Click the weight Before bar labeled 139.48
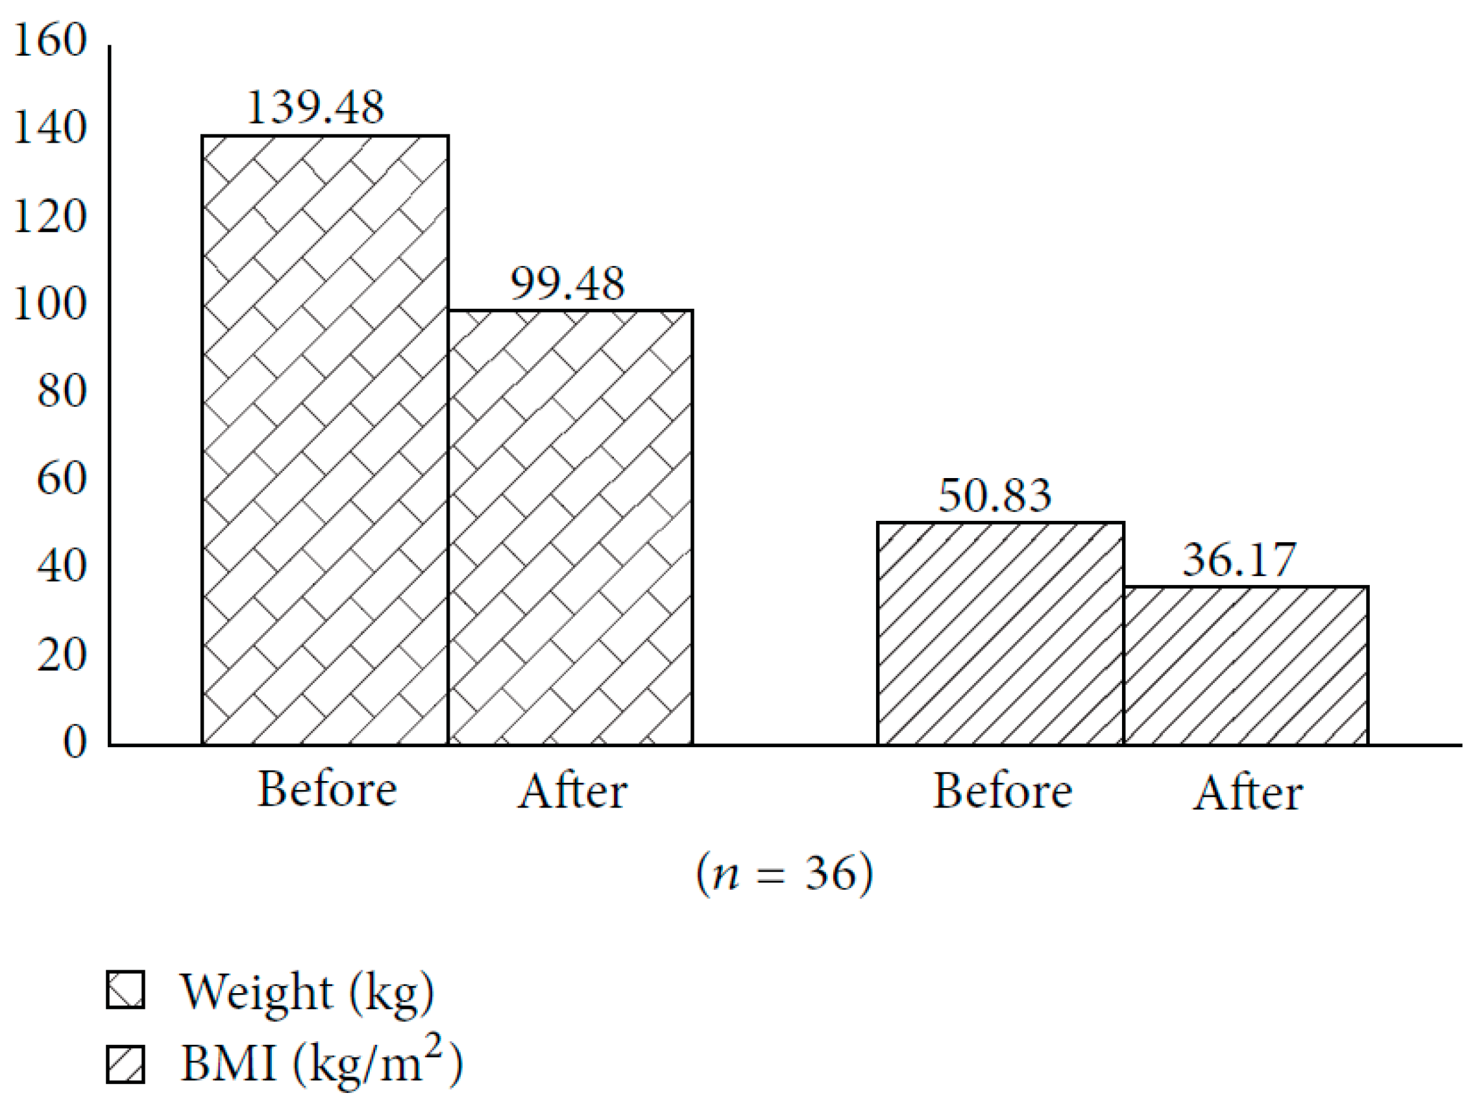324,440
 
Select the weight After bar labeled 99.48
570,527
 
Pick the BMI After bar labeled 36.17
1245,666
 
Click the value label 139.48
315,108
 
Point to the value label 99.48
568,283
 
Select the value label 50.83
995,496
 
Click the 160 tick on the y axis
50,40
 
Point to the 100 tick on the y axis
50,304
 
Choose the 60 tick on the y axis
62,479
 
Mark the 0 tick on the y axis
75,741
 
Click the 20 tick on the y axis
62,654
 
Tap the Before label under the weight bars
327,789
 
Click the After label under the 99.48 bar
572,791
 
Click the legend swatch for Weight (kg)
125,990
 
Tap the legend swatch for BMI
125,1064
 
